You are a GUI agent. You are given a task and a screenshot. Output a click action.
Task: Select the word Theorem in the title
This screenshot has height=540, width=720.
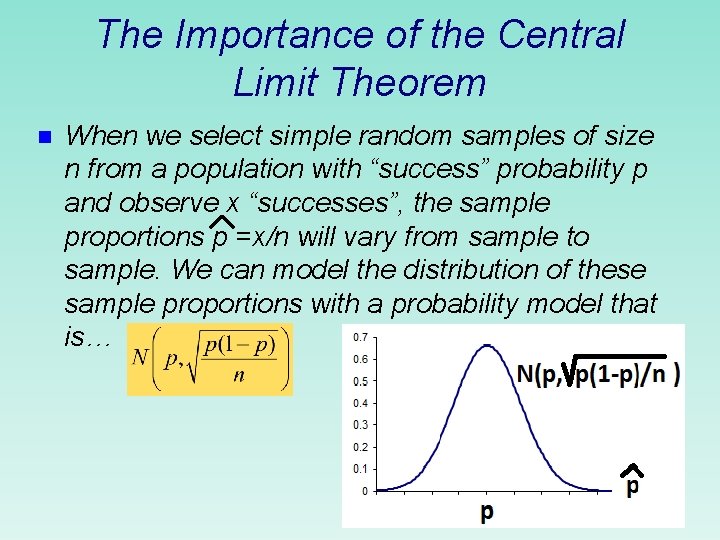(412, 81)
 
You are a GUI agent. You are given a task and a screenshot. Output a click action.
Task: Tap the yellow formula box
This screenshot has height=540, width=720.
(210, 359)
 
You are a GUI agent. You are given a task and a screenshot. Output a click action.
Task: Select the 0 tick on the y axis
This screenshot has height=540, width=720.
(363, 491)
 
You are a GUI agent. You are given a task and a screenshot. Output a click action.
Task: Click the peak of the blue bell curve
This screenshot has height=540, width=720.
(486, 347)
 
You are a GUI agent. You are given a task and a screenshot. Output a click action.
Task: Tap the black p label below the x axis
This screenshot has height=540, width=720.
(486, 512)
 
